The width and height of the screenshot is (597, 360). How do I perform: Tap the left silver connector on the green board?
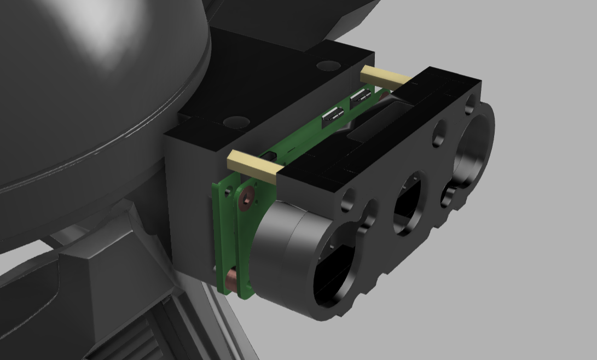coord(333,115)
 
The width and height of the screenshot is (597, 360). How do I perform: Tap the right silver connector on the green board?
coord(362,97)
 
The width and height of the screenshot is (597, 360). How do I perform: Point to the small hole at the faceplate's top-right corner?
coord(470,102)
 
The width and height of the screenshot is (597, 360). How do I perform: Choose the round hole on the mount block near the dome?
coord(236,121)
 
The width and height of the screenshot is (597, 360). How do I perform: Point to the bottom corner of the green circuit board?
coord(241,296)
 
